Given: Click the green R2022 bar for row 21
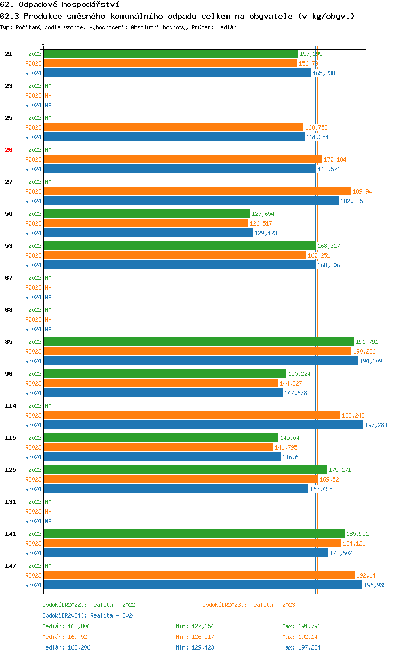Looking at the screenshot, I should [x=171, y=54].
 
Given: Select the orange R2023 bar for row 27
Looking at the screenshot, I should [x=197, y=191].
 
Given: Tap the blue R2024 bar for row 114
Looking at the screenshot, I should [x=203, y=425].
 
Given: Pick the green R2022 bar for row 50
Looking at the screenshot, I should [x=147, y=214].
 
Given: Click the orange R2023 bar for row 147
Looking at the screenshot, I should [x=199, y=575].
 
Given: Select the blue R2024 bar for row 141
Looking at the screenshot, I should [x=186, y=553].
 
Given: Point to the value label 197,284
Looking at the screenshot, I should [x=376, y=425].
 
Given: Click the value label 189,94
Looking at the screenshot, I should [x=362, y=191].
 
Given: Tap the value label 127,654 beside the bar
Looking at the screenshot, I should [x=263, y=214].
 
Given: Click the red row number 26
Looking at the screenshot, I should [x=9, y=150].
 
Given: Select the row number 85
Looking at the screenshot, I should [x=9, y=342].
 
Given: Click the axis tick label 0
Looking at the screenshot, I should [x=43, y=43].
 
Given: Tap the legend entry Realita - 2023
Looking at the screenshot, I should [x=249, y=605].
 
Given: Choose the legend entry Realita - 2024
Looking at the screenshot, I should [x=89, y=615].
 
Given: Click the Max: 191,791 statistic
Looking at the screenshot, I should [x=301, y=626].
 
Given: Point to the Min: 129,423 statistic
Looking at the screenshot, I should [x=195, y=647].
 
